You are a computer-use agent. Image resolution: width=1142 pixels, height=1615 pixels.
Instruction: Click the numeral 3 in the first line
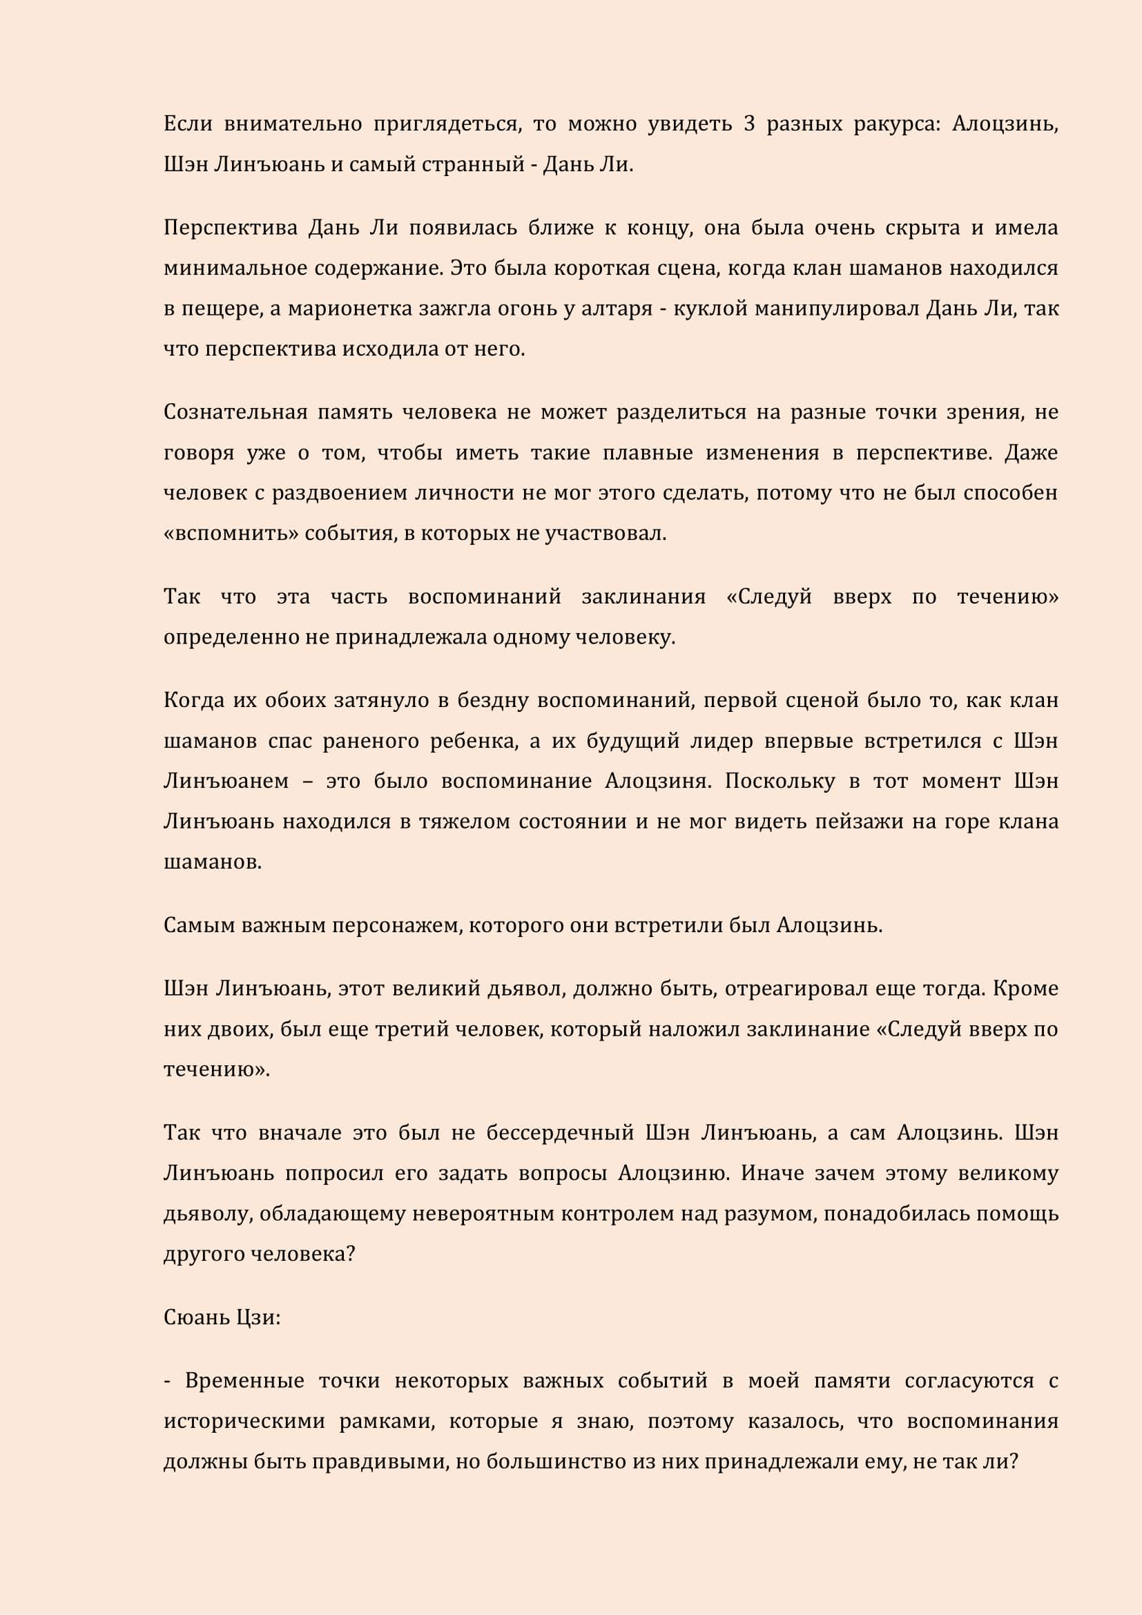point(749,124)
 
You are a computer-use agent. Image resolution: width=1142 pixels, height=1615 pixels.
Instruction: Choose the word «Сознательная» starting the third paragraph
point(235,412)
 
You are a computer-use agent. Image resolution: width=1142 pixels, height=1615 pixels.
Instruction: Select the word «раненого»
point(369,742)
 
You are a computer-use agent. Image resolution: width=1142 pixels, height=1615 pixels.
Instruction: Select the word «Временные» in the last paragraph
point(244,1381)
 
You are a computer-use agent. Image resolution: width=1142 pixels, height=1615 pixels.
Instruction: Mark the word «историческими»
point(244,1421)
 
